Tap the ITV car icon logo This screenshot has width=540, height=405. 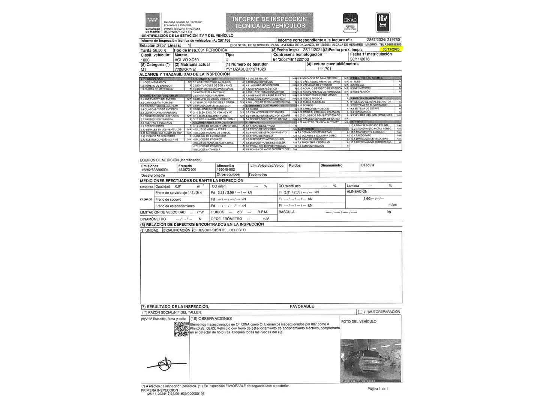pos(383,22)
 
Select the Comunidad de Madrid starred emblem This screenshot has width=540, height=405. pos(153,21)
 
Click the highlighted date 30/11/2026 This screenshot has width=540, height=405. pos(391,49)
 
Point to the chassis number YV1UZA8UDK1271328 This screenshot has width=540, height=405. pos(246,69)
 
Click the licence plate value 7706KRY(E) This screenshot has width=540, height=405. pos(185,69)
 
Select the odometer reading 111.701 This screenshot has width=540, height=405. pos(324,69)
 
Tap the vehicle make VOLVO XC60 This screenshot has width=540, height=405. pos(187,60)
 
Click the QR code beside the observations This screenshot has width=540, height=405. pos(181,329)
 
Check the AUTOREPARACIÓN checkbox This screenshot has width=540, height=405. pos(360,312)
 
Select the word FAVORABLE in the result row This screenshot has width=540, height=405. pos(301,306)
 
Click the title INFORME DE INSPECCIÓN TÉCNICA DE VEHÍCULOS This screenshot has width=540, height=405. pos(270,22)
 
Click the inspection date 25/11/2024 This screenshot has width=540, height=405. pos(313,50)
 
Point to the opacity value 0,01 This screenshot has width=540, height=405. pos(178,186)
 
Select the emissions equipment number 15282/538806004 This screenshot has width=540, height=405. pos(155,170)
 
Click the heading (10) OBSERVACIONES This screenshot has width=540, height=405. pos(211,318)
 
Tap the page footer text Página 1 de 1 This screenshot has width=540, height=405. pos(378,388)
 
